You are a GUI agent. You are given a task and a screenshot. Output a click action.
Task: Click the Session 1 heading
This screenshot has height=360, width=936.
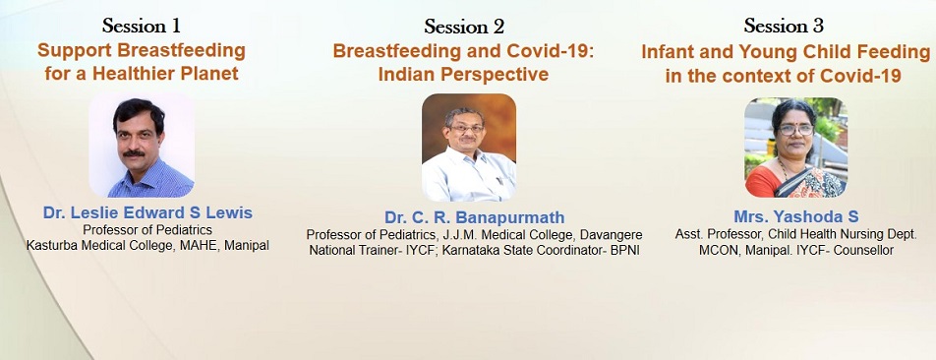click(142, 26)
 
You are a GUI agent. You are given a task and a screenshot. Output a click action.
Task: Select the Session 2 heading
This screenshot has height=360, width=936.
click(464, 27)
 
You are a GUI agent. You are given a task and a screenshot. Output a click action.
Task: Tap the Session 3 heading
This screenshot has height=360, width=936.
click(784, 26)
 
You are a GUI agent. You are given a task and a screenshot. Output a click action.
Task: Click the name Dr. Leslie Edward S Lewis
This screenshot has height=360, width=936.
click(147, 213)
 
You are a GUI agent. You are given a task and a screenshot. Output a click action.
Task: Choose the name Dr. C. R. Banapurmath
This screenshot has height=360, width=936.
click(475, 217)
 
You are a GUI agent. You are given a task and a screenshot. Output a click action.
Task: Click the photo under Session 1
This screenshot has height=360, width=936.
click(142, 145)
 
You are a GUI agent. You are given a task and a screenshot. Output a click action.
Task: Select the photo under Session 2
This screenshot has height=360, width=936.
click(469, 148)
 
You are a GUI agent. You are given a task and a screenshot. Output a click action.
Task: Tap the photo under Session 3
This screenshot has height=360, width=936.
click(796, 148)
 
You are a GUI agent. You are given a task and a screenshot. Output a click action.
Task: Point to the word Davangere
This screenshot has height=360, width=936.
click(611, 236)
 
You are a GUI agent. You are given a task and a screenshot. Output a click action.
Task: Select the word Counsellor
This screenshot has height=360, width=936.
click(863, 251)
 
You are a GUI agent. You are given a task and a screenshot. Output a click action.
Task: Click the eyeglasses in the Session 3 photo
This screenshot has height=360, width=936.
click(795, 129)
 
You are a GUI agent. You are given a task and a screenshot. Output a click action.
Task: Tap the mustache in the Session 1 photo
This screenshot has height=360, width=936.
click(135, 153)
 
